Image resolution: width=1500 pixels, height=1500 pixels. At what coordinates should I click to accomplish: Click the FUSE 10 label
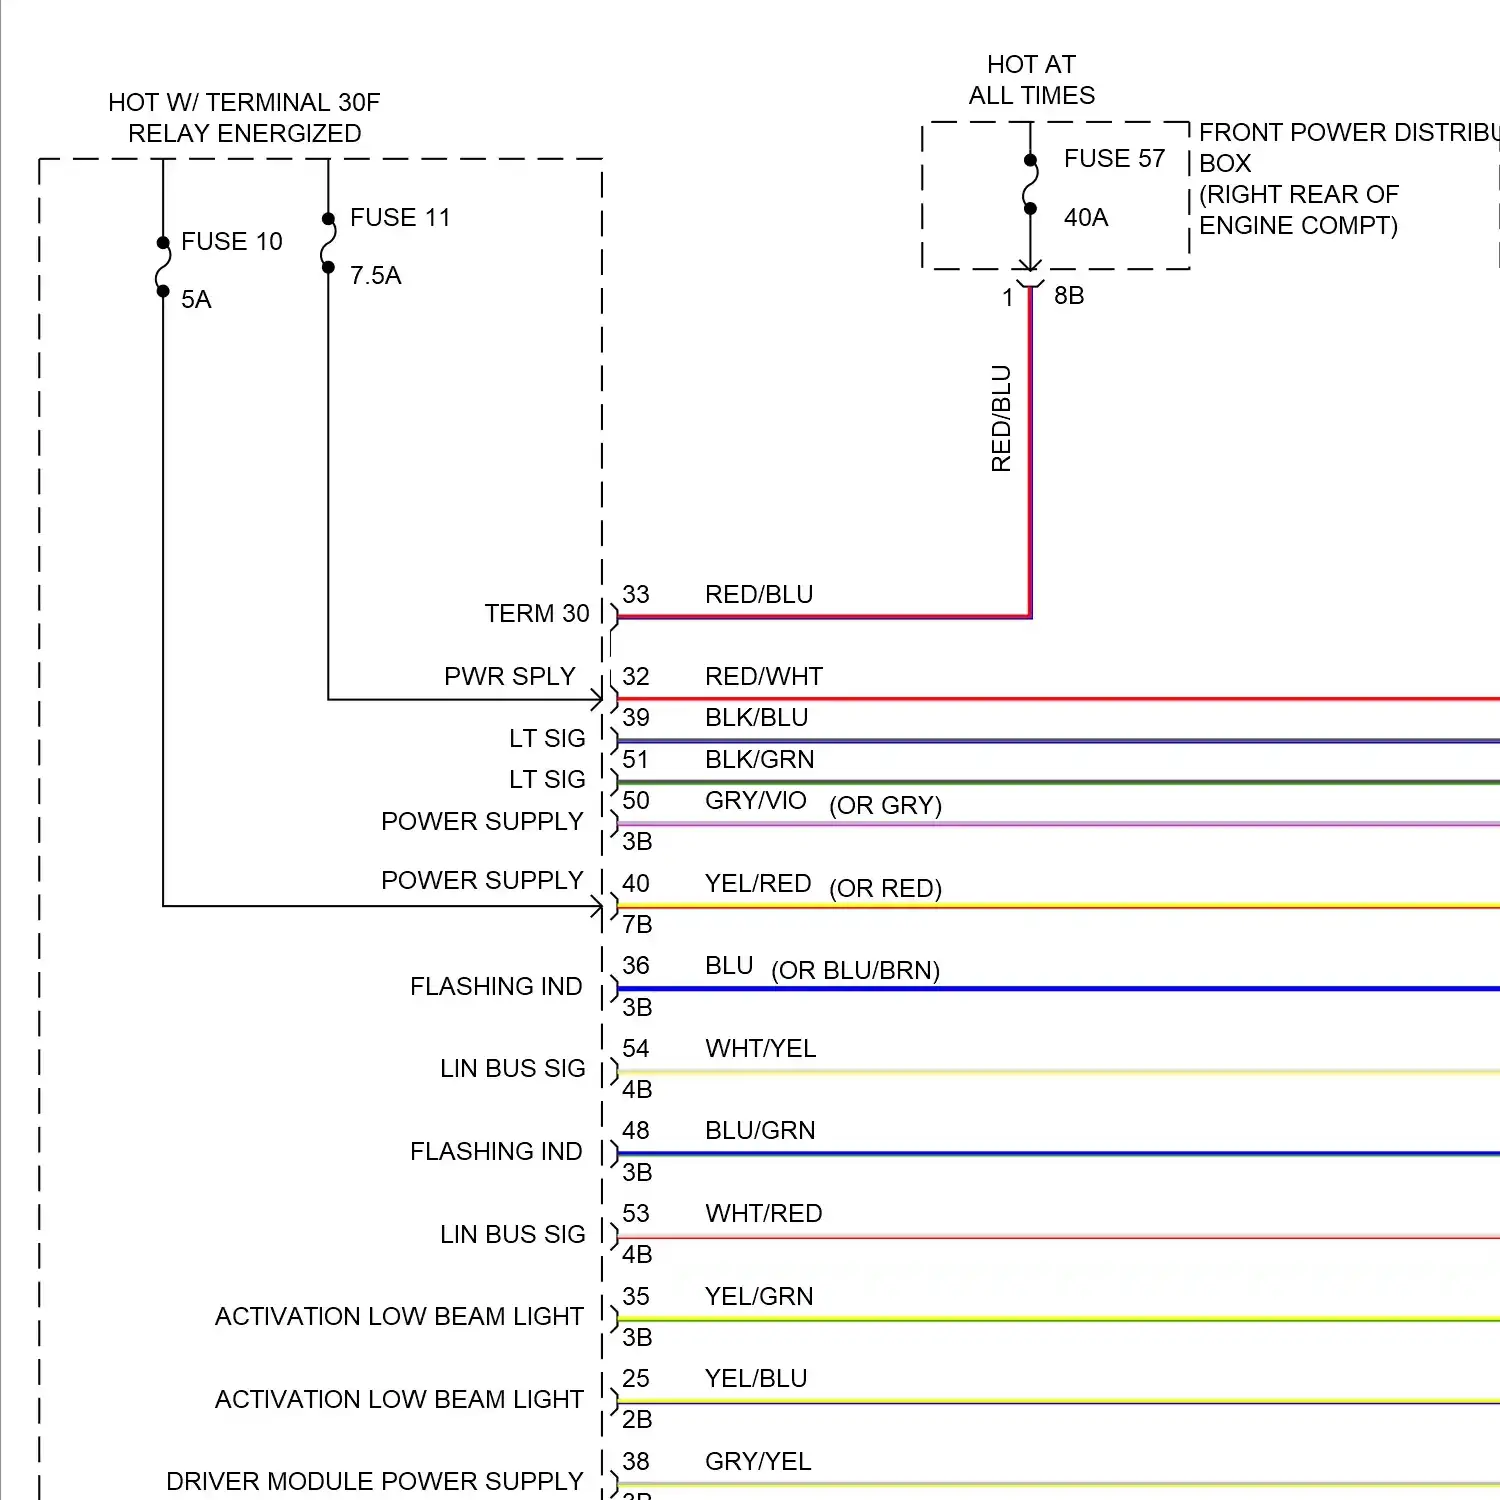[231, 242]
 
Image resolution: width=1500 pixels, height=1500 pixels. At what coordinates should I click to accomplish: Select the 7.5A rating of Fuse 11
[375, 276]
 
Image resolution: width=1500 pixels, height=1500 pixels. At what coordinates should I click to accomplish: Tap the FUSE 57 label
[1114, 159]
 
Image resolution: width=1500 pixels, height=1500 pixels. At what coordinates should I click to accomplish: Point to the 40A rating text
[1086, 218]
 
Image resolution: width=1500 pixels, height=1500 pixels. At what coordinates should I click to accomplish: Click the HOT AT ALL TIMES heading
[1031, 80]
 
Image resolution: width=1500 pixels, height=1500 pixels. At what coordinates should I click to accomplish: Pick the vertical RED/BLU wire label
[1001, 418]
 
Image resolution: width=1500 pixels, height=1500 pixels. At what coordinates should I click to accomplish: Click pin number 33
[636, 595]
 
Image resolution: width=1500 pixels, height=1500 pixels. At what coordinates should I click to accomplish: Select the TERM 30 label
[537, 614]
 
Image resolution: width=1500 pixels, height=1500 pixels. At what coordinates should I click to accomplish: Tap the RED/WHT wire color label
[763, 677]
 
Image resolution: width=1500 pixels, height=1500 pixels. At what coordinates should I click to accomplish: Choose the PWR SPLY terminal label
[510, 677]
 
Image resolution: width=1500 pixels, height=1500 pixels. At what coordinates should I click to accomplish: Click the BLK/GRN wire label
[759, 760]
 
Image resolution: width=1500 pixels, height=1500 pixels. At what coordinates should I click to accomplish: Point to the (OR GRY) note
[885, 806]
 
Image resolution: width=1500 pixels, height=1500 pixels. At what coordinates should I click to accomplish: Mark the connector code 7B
[637, 925]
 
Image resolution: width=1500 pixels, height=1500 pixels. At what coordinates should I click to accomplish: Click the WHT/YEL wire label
[760, 1049]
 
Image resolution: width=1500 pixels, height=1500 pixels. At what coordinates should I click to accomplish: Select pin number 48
[636, 1131]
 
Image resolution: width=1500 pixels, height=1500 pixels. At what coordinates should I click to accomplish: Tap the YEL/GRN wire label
[759, 1297]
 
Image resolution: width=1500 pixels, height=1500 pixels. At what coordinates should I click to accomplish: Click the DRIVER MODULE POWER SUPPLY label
[374, 1481]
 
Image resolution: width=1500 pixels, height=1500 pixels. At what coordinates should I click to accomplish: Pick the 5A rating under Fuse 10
[196, 300]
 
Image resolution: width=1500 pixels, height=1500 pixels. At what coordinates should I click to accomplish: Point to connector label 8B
[1069, 296]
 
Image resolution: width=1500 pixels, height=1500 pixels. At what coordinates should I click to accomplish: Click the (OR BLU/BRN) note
[855, 971]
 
